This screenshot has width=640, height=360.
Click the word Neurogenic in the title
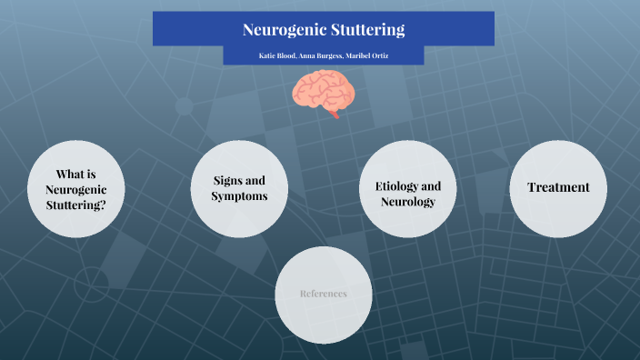pyautogui.click(x=285, y=30)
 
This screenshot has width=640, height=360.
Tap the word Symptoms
pyautogui.click(x=239, y=195)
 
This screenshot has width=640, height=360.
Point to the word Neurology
pyautogui.click(x=408, y=202)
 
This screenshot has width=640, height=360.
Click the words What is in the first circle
pyautogui.click(x=75, y=174)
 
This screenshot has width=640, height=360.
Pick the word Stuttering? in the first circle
pyautogui.click(x=75, y=205)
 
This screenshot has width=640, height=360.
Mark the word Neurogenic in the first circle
pyautogui.click(x=75, y=189)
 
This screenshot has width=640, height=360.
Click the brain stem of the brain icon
pyautogui.click(x=336, y=113)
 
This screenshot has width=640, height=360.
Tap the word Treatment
pyautogui.click(x=558, y=187)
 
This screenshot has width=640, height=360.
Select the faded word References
pyautogui.click(x=323, y=294)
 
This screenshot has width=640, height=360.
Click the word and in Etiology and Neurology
pyautogui.click(x=430, y=186)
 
